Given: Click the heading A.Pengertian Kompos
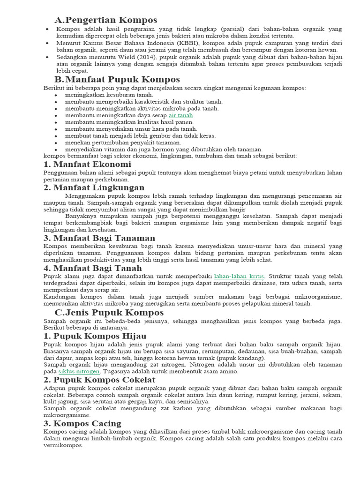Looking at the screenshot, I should click(x=105, y=20).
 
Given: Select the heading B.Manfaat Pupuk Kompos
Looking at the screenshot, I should click(x=117, y=79).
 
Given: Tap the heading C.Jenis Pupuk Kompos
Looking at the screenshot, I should click(x=109, y=312).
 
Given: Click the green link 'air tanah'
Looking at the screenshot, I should click(x=181, y=115).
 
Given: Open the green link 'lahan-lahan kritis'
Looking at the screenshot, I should click(x=239, y=276).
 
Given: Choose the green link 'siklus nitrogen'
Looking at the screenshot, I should click(x=79, y=371).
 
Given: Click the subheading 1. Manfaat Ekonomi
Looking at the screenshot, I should click(x=87, y=164).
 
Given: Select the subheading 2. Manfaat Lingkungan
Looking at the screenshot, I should click(x=94, y=187).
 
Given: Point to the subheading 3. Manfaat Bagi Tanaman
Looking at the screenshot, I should click(x=99, y=238).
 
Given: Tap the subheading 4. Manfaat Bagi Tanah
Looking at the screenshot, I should click(x=92, y=268).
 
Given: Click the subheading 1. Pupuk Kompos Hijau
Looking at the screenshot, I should click(x=95, y=336).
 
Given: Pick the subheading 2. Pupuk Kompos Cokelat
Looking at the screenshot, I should click(x=99, y=380).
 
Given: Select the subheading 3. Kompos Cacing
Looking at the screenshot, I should click(x=82, y=423).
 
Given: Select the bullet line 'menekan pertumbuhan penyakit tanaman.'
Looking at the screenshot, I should click(x=123, y=142).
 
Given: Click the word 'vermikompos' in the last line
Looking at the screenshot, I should click(x=63, y=445).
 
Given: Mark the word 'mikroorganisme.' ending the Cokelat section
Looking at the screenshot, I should click(x=66, y=415).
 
